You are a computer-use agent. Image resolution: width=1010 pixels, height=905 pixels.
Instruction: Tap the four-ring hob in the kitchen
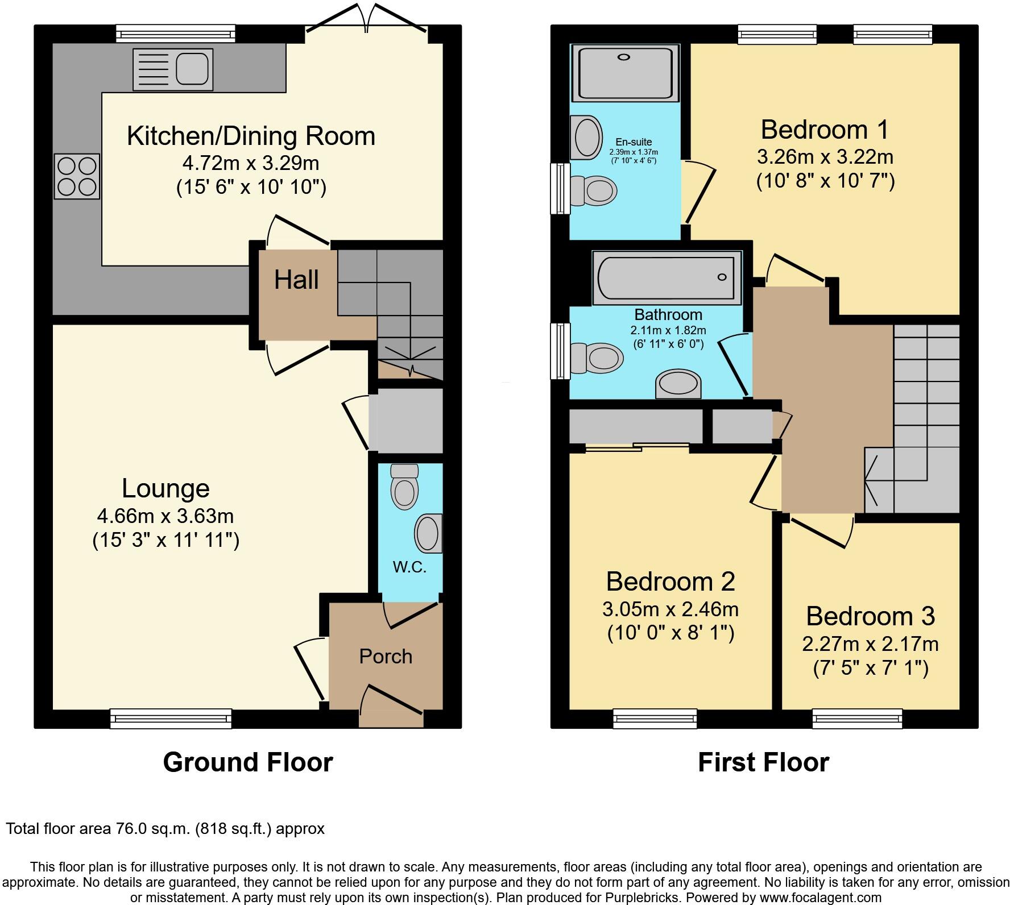[x=77, y=176]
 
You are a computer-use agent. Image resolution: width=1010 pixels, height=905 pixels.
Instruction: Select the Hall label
[x=296, y=280]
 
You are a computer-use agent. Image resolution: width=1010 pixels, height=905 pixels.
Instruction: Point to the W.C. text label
[x=409, y=567]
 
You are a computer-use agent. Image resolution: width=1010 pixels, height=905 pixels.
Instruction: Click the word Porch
[x=386, y=657]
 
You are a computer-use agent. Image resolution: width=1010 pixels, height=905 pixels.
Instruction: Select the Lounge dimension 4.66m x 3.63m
[x=165, y=516]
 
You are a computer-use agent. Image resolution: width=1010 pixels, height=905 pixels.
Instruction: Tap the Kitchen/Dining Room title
[x=251, y=136]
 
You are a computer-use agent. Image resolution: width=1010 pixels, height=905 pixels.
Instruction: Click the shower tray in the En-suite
[x=625, y=73]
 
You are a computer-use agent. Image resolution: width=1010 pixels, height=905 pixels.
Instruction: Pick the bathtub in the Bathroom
[x=667, y=277]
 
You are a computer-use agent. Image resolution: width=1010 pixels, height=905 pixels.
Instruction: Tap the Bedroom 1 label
[x=824, y=130]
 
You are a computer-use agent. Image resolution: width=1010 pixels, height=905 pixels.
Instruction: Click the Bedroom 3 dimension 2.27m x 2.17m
[x=870, y=644]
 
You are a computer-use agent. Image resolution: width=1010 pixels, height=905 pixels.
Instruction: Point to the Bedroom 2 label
[x=670, y=582]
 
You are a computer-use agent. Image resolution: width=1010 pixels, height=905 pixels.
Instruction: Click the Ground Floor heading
[x=248, y=762]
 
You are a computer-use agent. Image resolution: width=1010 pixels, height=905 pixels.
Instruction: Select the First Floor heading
[x=763, y=762]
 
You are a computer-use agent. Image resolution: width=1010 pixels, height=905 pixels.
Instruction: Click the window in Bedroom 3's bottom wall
[x=857, y=719]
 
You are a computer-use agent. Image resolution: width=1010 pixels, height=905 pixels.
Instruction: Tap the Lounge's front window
[x=171, y=719]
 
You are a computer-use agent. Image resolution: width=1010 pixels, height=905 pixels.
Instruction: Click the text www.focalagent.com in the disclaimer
[x=817, y=898]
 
